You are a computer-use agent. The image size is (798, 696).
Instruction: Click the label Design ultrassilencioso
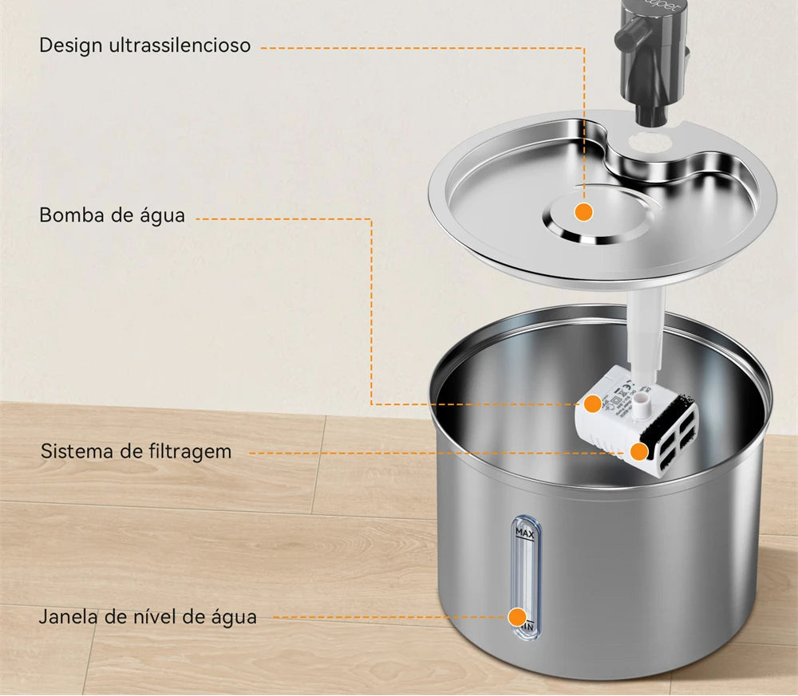[x=144, y=45]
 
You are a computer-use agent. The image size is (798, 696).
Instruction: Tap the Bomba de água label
[x=112, y=215]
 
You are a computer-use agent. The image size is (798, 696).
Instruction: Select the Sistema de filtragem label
[x=136, y=451]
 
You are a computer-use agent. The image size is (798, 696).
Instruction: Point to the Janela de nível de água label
[x=148, y=616]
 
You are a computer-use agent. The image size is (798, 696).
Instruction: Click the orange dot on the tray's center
[x=583, y=211]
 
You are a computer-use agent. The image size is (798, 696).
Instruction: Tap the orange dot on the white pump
[x=592, y=403]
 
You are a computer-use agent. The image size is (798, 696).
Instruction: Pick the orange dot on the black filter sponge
[x=638, y=452]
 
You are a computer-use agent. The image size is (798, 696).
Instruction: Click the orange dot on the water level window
[x=517, y=616]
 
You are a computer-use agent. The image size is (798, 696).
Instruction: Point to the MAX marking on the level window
[x=524, y=533]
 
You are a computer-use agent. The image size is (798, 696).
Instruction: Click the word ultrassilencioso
[x=180, y=45]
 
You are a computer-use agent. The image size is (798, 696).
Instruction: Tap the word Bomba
[x=68, y=215]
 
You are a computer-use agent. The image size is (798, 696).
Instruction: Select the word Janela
[x=67, y=616]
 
